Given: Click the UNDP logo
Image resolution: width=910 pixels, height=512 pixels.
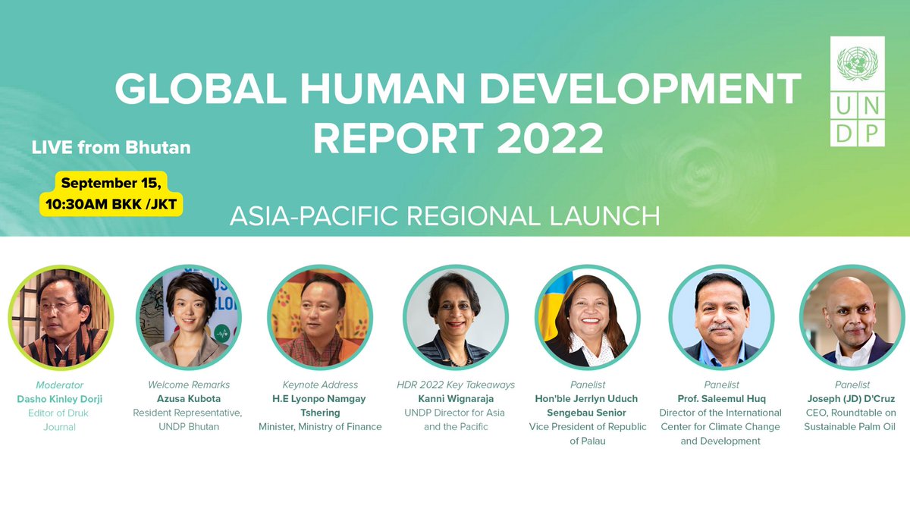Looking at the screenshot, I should (x=861, y=91).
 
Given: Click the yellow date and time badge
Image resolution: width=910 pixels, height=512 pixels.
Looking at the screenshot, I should (x=111, y=193).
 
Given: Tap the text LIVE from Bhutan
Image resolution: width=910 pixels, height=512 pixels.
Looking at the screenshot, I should (x=111, y=147).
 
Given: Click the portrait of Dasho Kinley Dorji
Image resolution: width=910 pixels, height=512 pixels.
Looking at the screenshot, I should (x=61, y=317).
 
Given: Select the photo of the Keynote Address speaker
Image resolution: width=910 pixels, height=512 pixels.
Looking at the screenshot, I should (x=320, y=317).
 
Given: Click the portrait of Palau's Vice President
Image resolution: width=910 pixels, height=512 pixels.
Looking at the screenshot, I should (x=587, y=317).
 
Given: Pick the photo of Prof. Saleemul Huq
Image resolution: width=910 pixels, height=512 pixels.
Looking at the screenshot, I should (x=720, y=317).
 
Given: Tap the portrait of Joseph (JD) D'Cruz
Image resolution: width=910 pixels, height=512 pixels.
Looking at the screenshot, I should (x=852, y=317).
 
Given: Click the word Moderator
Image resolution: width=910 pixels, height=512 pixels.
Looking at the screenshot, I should (x=59, y=385).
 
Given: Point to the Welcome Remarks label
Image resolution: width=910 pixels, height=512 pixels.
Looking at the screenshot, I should (x=188, y=385).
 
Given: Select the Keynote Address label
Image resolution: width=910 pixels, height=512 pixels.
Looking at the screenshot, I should (x=320, y=385).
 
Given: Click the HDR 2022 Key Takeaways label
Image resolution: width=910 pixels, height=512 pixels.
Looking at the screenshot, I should (x=455, y=385).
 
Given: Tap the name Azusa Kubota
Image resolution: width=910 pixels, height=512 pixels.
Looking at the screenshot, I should (x=188, y=399).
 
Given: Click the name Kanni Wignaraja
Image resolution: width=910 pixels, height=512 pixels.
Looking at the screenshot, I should (x=455, y=399).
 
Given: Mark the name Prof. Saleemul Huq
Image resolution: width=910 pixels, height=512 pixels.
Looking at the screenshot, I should (x=720, y=399).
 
